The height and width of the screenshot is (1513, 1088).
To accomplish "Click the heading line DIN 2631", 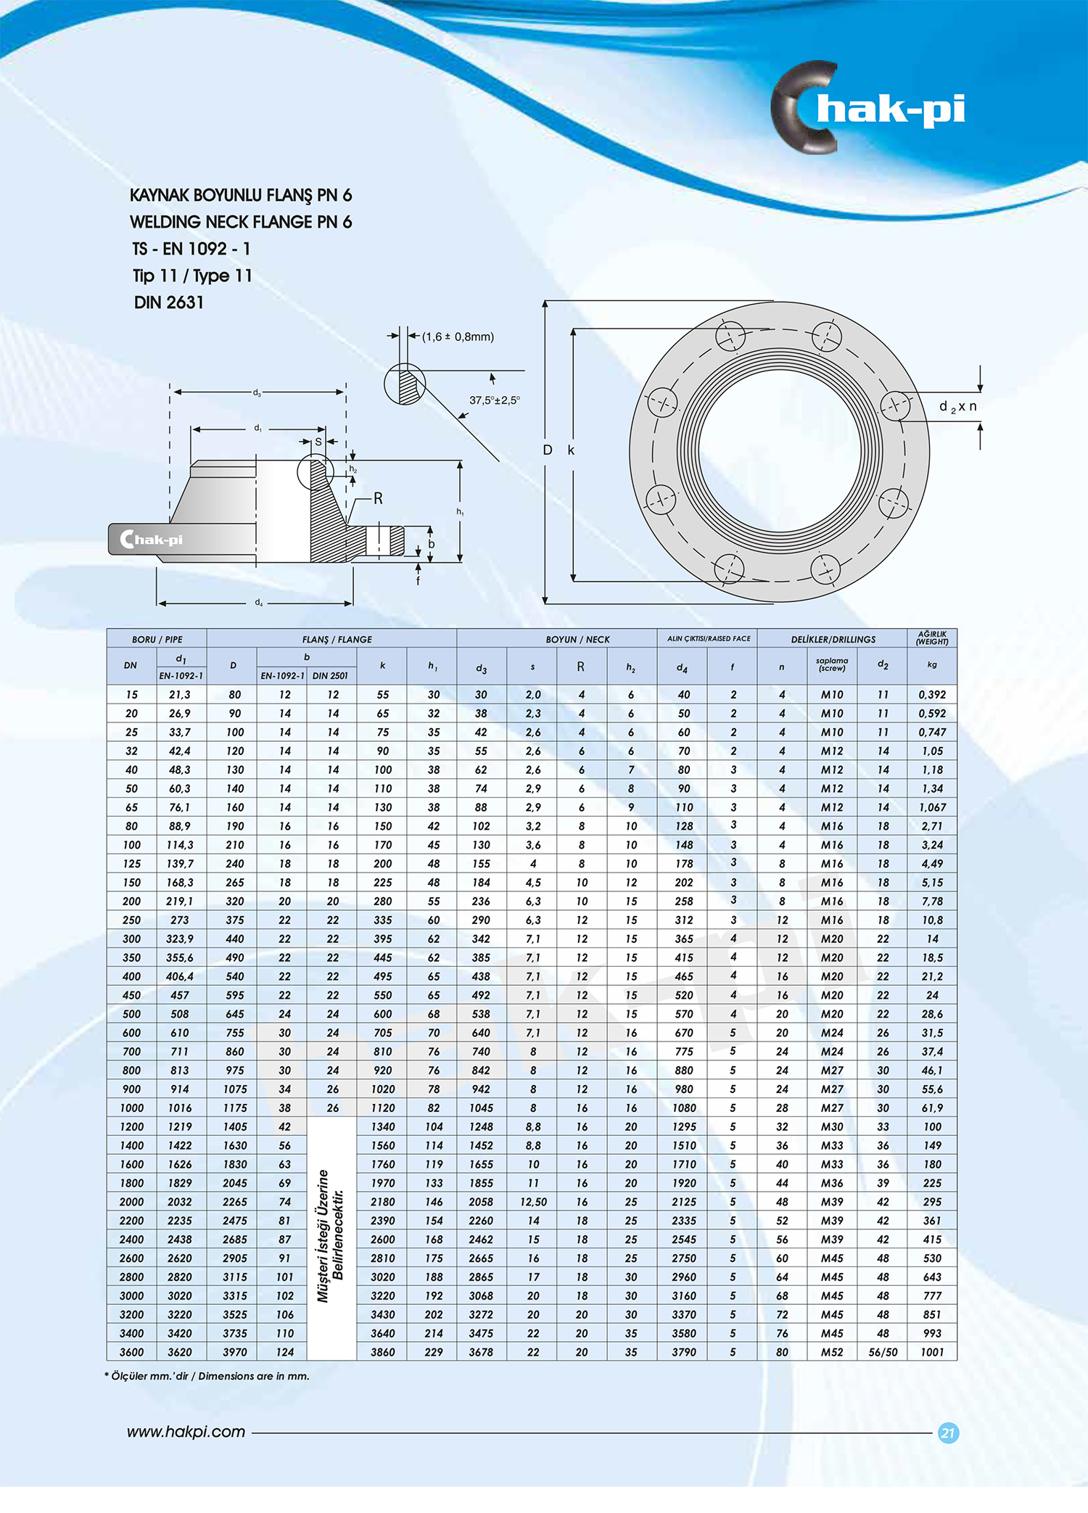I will click(x=168, y=302).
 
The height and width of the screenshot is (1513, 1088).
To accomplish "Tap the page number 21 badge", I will click(x=947, y=1432).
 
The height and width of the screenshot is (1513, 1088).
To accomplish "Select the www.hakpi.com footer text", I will click(x=186, y=1432).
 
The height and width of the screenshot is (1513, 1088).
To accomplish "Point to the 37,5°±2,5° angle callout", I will click(x=494, y=400).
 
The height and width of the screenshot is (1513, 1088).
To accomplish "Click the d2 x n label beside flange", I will click(x=957, y=406).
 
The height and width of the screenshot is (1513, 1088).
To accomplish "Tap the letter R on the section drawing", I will click(x=378, y=498).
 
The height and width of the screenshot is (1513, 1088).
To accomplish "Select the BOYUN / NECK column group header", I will click(x=577, y=639).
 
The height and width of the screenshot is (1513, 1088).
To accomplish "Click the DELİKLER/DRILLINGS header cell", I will click(x=833, y=639).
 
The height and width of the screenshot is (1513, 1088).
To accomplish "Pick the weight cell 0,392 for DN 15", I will click(x=931, y=694).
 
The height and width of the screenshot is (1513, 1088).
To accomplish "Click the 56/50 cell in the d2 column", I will click(x=882, y=1352).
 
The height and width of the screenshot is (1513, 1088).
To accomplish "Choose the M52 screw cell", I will click(x=831, y=1352).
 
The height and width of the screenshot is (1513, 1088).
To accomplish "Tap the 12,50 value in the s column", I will click(x=532, y=1202).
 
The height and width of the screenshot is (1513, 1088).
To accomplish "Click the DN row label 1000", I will click(x=131, y=1108).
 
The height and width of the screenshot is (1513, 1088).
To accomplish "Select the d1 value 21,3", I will click(x=179, y=694).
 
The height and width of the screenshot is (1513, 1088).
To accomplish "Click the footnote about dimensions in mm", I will click(x=207, y=1376).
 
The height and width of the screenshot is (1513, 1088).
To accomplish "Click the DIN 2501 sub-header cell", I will click(x=330, y=675).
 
